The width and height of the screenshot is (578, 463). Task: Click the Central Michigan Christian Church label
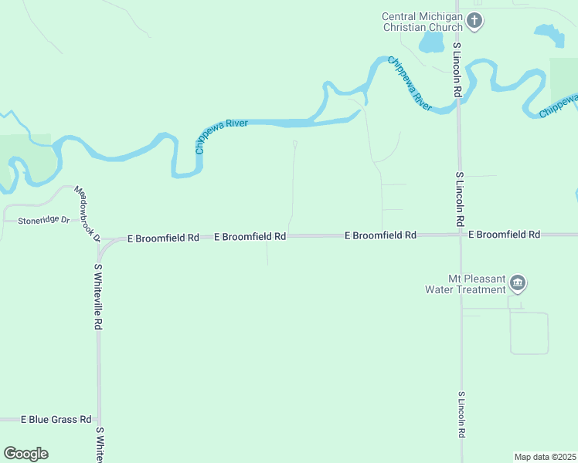423,22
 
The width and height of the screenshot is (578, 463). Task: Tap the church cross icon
475,21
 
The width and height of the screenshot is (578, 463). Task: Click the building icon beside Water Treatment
518,284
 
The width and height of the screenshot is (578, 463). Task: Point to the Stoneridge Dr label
44,221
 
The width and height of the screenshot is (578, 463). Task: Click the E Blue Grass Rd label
56,419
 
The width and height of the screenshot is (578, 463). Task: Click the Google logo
25,454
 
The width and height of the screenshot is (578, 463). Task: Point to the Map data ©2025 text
545,457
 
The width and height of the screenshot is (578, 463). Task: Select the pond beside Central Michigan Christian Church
430,42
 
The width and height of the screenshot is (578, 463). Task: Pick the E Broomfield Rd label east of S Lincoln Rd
504,234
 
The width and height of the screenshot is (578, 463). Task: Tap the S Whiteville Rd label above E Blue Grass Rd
98,297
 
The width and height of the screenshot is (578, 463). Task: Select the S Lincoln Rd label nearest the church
457,69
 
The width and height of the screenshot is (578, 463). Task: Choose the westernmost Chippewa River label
221,136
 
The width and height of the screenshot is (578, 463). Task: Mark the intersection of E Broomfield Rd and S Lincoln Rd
460,235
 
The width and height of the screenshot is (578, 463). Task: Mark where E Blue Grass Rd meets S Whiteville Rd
98,419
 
